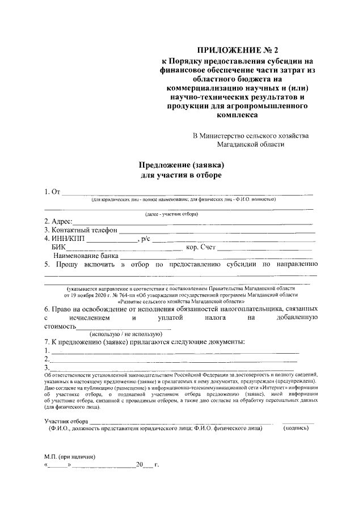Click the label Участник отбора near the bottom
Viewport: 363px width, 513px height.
pyautogui.click(x=66, y=421)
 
